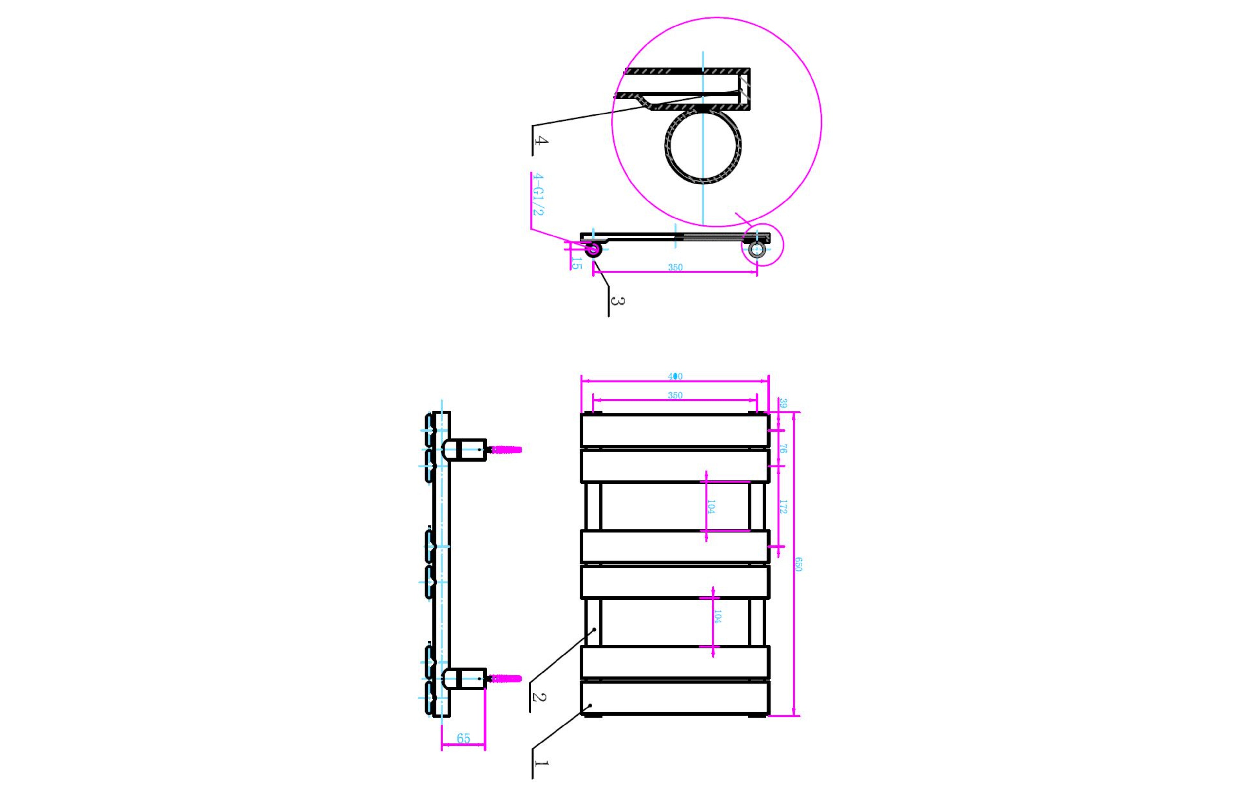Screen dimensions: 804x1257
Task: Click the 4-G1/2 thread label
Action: point(537,194)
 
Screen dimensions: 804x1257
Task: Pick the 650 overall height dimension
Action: point(798,564)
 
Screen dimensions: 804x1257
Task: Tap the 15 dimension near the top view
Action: point(575,263)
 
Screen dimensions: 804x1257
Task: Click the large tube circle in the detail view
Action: point(703,146)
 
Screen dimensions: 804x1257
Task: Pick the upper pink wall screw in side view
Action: point(506,449)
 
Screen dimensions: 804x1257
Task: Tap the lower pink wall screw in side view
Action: point(506,679)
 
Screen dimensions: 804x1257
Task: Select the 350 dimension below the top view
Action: point(675,267)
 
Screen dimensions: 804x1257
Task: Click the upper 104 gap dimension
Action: point(711,506)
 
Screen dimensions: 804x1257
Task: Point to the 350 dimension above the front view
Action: point(675,395)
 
